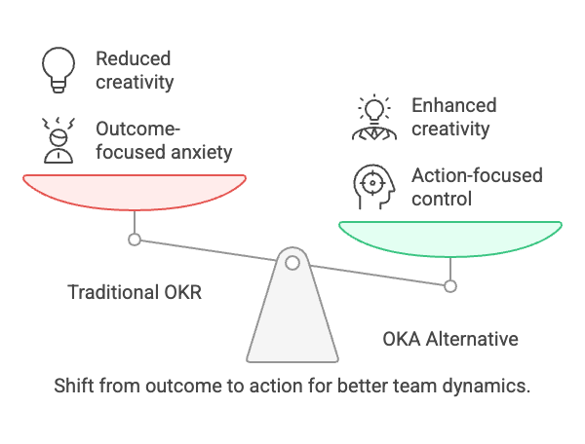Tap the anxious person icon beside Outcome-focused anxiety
pos(58,140)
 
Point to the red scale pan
pos(135,191)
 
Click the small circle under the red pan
pos(135,239)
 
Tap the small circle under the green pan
pos(450,285)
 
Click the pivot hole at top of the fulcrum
pos(292,261)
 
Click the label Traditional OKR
pos(135,291)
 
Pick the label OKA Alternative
pos(450,339)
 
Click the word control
pos(442,199)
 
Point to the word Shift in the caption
pos(74,386)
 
